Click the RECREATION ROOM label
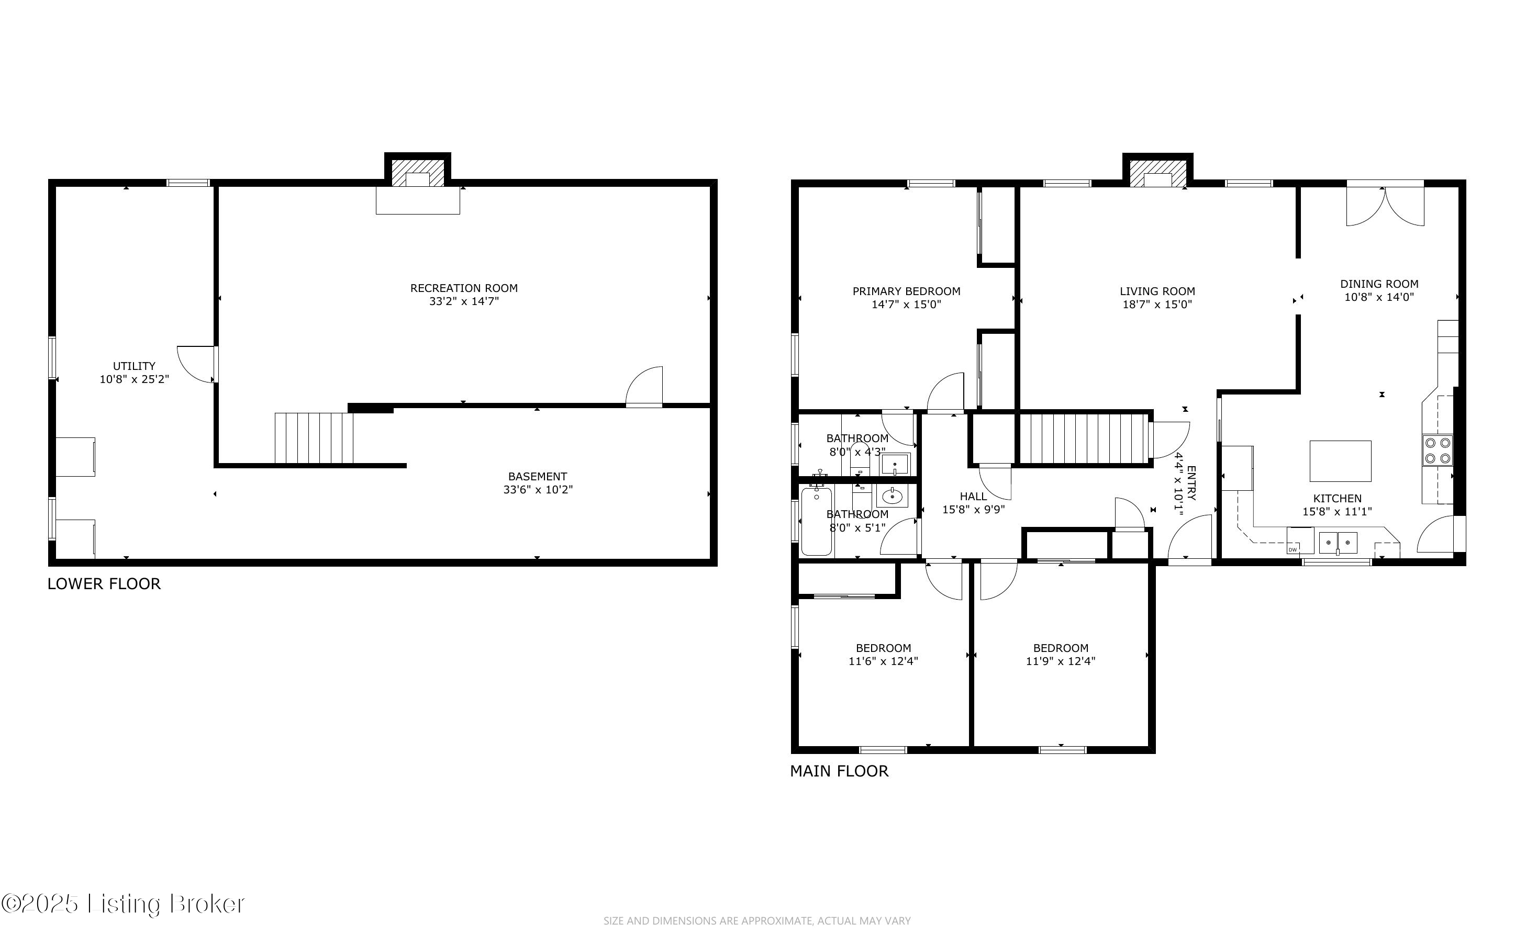point(464,288)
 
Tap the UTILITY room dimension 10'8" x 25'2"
point(135,379)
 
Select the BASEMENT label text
point(538,477)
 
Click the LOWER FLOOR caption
point(104,584)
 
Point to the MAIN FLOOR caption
point(839,771)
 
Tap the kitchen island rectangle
point(1340,460)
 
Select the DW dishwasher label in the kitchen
point(1292,549)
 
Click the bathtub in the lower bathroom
point(817,521)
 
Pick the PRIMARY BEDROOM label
point(906,291)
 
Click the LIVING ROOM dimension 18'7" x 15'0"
point(1157,305)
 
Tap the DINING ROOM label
point(1379,284)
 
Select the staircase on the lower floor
point(314,438)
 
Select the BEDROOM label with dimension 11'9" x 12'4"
point(1061,648)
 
